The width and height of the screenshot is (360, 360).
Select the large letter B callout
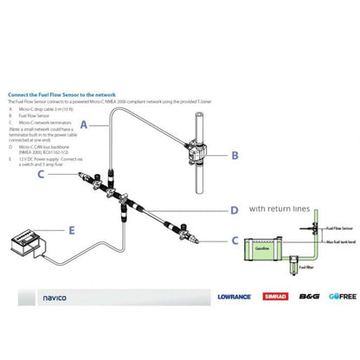235,156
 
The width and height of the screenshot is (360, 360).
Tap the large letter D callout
235,209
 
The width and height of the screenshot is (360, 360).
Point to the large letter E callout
70,230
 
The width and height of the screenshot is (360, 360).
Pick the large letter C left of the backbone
40,174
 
